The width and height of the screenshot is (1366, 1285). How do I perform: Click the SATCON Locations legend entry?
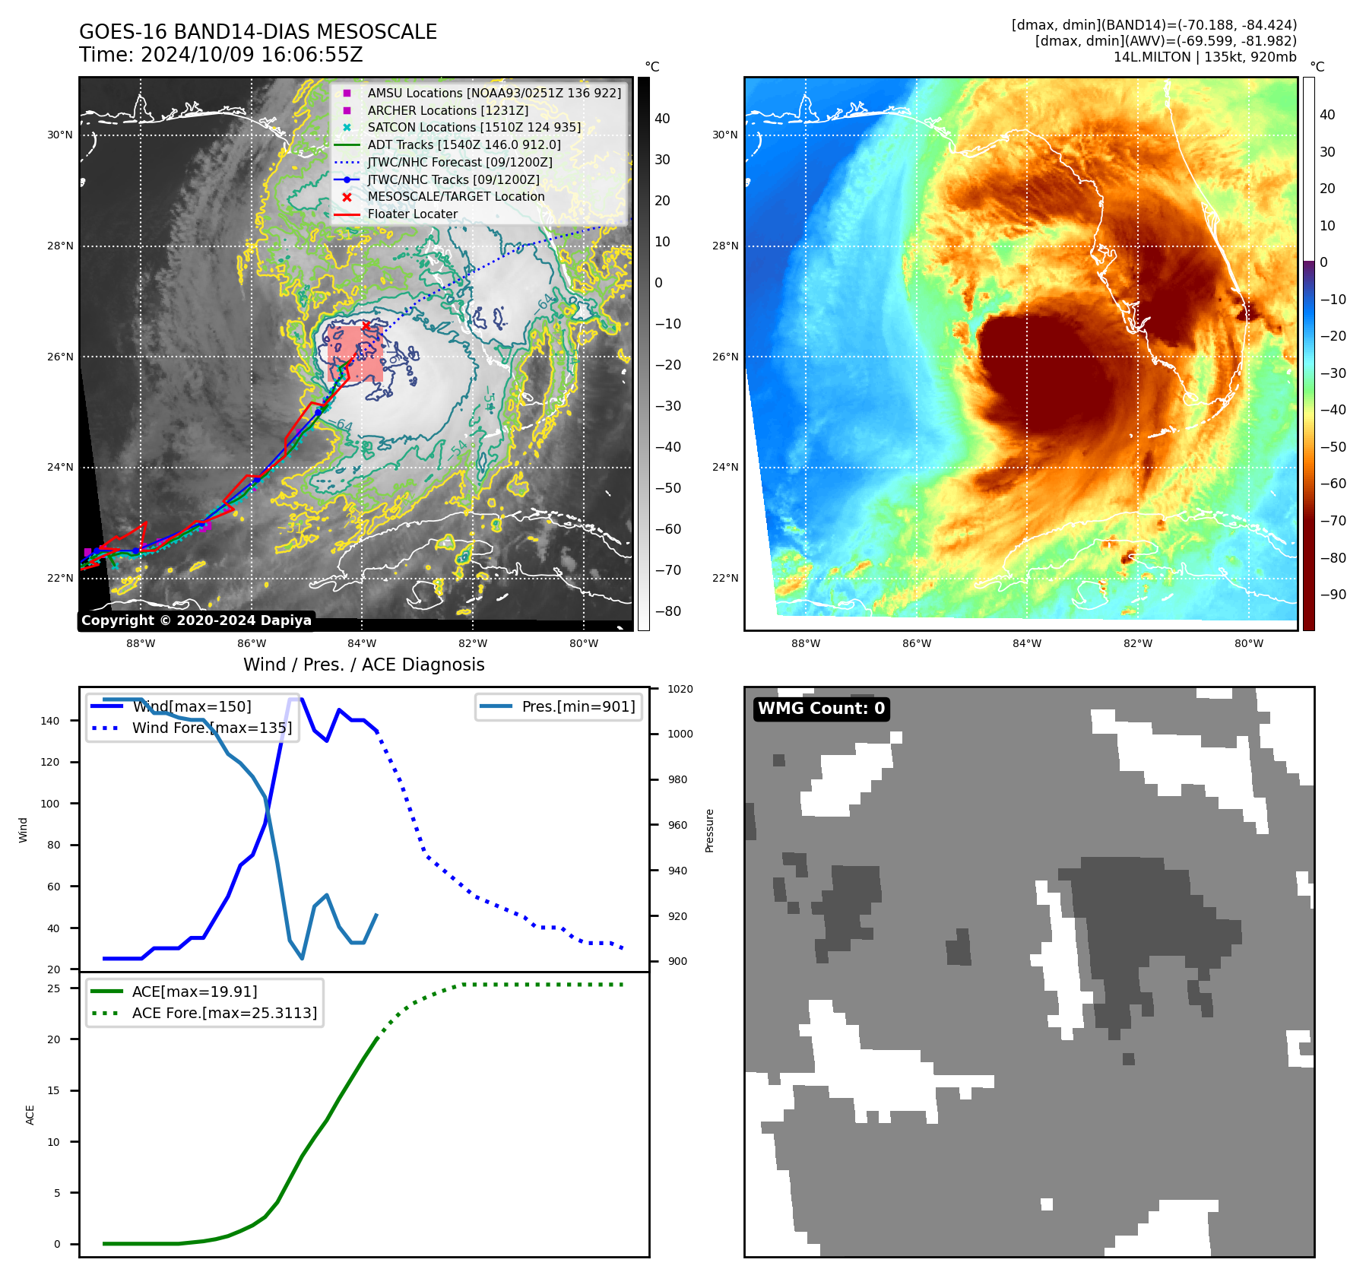pyautogui.click(x=474, y=128)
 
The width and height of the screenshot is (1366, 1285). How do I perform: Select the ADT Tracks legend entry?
pyautogui.click(x=464, y=145)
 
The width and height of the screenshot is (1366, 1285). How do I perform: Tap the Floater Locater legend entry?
pyautogui.click(x=412, y=214)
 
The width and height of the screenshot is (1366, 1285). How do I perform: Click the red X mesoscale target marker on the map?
pyautogui.click(x=366, y=326)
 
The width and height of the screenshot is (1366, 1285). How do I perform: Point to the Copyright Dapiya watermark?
pyautogui.click(x=196, y=620)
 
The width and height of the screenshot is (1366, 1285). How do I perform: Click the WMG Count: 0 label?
pyautogui.click(x=821, y=709)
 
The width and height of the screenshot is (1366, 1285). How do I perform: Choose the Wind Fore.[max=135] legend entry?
pyautogui.click(x=211, y=728)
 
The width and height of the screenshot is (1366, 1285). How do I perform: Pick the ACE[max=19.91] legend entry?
pyautogui.click(x=194, y=992)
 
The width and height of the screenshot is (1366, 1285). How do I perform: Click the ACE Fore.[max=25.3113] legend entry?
pyautogui.click(x=223, y=1013)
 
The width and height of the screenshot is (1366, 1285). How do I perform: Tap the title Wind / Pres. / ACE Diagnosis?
pyautogui.click(x=363, y=665)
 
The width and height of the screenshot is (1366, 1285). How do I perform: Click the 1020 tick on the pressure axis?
pyautogui.click(x=680, y=689)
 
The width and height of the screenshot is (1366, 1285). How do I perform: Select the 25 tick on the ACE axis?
pyautogui.click(x=54, y=988)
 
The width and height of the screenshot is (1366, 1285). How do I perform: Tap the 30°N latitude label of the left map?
pyautogui.click(x=60, y=135)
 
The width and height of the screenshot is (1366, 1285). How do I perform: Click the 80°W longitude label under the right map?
pyautogui.click(x=1248, y=643)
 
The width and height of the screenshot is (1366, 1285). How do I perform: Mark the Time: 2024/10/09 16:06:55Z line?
pyautogui.click(x=221, y=55)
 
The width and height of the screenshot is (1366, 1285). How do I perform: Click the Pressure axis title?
pyautogui.click(x=709, y=830)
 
